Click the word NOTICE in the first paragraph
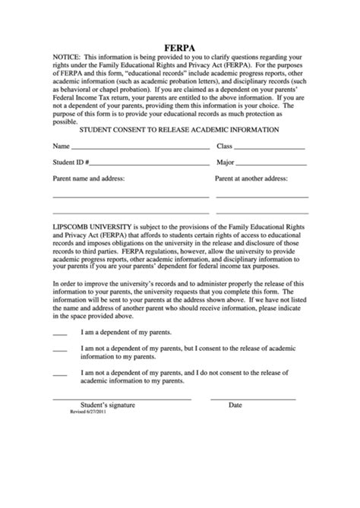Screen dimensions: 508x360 pos(66,58)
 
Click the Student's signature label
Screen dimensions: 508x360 pos(108,405)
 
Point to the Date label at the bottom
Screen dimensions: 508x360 pos(235,405)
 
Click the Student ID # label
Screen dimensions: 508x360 pos(71,162)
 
